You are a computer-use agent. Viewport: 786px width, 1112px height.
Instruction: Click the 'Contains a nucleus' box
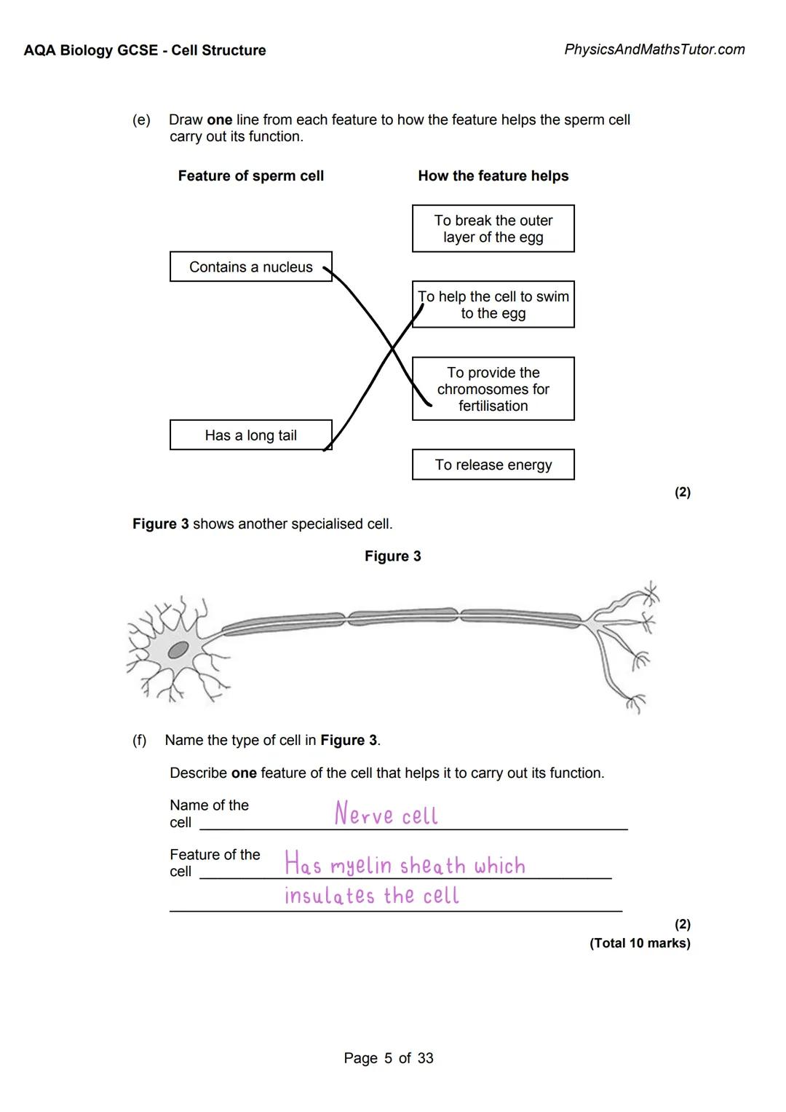250,267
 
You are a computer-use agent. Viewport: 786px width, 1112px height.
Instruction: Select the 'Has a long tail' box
250,435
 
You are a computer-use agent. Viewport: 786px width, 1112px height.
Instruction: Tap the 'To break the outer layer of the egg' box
493,229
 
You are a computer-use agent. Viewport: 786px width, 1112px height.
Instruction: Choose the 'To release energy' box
493,465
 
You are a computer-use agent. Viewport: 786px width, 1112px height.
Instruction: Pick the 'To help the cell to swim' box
493,304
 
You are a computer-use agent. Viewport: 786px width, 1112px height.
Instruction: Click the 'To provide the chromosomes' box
493,389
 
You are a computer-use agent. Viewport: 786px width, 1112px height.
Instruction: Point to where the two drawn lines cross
392,349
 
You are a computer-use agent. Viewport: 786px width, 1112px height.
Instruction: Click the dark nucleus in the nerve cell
178,650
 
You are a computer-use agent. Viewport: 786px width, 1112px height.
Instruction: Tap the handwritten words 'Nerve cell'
386,814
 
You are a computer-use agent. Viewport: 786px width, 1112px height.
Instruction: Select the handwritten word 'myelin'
361,866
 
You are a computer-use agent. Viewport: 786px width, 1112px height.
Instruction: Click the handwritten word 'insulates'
329,896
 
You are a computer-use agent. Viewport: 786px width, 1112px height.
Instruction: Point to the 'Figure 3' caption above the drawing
392,556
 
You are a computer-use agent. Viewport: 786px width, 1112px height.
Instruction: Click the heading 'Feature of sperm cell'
250,176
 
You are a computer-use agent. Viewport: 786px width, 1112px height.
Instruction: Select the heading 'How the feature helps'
493,176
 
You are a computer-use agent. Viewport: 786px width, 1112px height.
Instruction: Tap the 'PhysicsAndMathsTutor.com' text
654,50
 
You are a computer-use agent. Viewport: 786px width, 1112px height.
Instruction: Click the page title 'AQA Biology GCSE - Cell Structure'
144,50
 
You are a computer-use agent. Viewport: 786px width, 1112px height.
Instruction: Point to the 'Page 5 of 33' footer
388,1058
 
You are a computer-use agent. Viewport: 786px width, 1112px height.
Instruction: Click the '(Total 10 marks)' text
640,943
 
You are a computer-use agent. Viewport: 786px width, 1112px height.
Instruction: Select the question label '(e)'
141,120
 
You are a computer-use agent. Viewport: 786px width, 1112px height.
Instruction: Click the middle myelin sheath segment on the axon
402,616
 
